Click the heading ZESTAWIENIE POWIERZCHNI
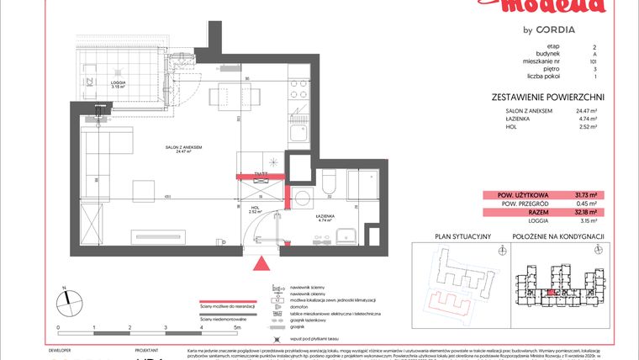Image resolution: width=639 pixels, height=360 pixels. tap(547, 98)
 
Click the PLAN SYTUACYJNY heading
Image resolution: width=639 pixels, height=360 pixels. tap(452, 237)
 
